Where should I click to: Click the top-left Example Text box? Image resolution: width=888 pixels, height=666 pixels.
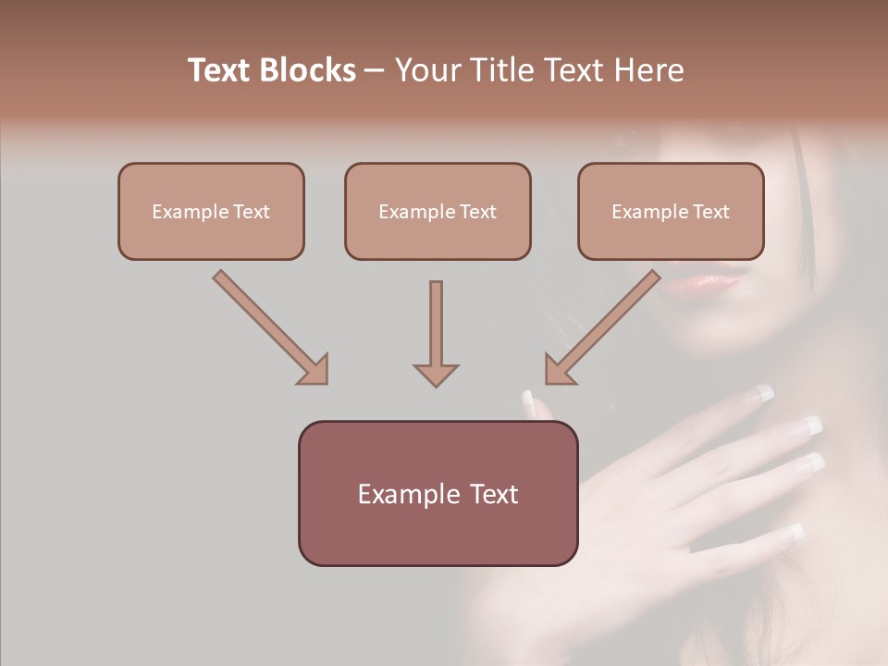tap(211, 211)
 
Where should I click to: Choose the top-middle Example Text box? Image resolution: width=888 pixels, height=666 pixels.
tap(438, 211)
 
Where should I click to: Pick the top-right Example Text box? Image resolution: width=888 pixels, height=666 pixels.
tap(671, 211)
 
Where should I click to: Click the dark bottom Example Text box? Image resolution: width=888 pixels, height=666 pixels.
tap(438, 493)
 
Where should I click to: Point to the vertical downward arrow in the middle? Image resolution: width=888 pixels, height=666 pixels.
tap(436, 333)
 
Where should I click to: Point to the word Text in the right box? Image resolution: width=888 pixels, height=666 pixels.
tap(710, 211)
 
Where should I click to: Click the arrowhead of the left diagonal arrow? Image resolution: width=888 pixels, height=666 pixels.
tap(314, 370)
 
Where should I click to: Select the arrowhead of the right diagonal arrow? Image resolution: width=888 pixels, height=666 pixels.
tap(559, 370)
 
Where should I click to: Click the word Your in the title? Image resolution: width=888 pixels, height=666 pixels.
tap(427, 70)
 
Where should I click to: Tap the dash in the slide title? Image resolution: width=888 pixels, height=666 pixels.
tap(375, 70)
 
